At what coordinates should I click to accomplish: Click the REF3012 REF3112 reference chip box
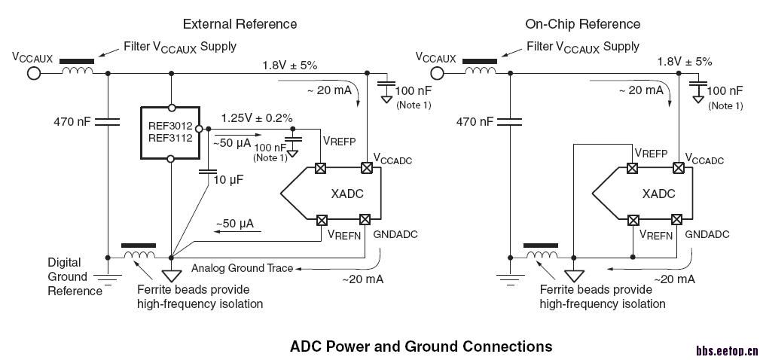pos(171,133)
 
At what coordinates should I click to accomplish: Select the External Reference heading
pos(239,24)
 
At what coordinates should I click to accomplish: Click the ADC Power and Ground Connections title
pos(421,346)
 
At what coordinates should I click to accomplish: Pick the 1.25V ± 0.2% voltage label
pos(257,118)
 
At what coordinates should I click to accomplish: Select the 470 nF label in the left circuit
pos(72,121)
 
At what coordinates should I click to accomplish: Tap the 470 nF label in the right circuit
pos(475,121)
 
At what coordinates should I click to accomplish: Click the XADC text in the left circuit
pos(347,194)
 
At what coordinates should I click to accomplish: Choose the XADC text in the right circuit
pos(658,194)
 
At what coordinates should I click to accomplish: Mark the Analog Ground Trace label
pos(242,268)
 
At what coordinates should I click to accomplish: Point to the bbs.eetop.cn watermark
pos(726,351)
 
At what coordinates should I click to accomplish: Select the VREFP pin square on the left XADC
pos(321,168)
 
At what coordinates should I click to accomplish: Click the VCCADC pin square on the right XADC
pos(677,168)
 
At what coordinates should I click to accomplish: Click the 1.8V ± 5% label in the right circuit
pos(684,62)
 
